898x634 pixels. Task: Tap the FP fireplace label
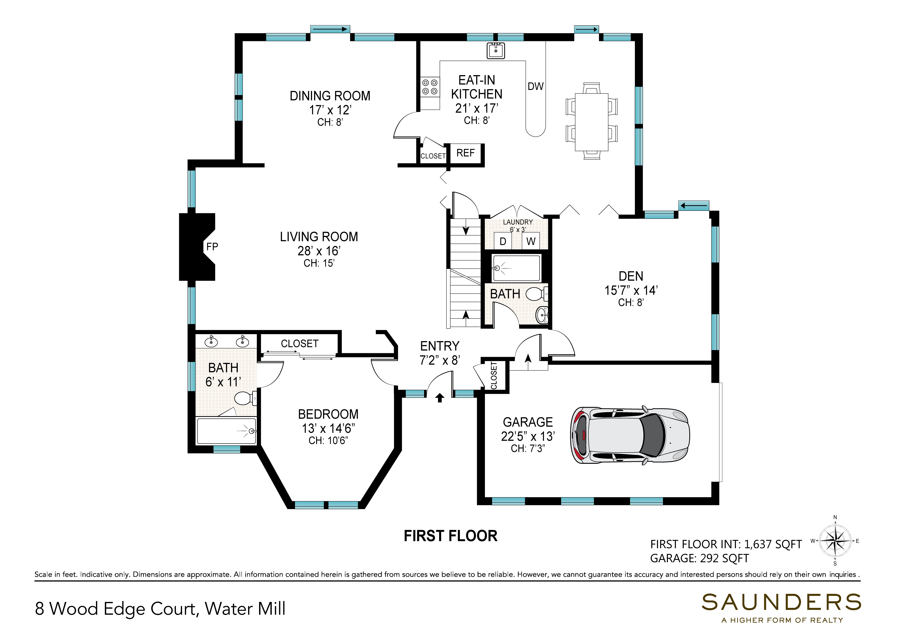pos(212,246)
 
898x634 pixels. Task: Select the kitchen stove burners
pos(430,87)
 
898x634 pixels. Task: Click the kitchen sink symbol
pos(495,51)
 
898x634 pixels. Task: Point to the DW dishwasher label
pos(535,86)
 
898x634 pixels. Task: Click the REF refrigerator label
pos(465,153)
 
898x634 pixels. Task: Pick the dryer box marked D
pos(503,241)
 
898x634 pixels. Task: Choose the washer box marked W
pos(531,241)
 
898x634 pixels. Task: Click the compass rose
pos(835,541)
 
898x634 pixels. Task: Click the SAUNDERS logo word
pos(781,602)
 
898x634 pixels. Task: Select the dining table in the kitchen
pos(591,122)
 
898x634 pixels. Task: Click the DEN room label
pos(631,276)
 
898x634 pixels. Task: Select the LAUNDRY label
pos(518,222)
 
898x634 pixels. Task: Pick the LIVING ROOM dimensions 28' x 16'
pos(319,251)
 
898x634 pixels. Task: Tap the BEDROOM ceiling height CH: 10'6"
pos(328,441)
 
